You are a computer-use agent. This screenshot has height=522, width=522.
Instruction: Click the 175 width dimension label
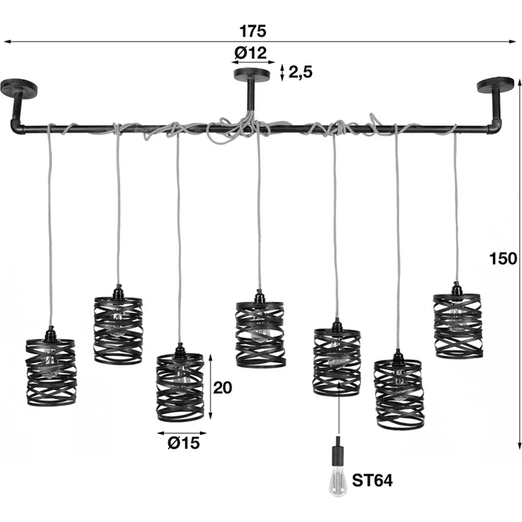pos(253,31)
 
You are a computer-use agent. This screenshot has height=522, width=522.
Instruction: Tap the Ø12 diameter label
pos(250,52)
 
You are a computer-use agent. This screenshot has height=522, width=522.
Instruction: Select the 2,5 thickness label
pos(300,72)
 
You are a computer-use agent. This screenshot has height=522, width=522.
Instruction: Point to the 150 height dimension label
pos(503,259)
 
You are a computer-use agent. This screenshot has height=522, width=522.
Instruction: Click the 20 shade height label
pos(223,387)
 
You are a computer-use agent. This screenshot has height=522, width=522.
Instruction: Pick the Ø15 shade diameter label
pos(184,443)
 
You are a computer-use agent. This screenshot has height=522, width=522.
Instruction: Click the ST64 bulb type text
pos(372,480)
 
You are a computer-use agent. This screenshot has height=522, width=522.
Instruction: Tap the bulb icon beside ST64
pos(338,484)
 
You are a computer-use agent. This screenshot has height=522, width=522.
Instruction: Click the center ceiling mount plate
pos(252,74)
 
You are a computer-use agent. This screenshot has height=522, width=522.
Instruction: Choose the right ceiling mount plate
pos(496,84)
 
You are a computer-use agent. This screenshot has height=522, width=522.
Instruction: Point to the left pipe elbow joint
pos(16,126)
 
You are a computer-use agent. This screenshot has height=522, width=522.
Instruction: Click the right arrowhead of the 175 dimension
pos(513,42)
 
